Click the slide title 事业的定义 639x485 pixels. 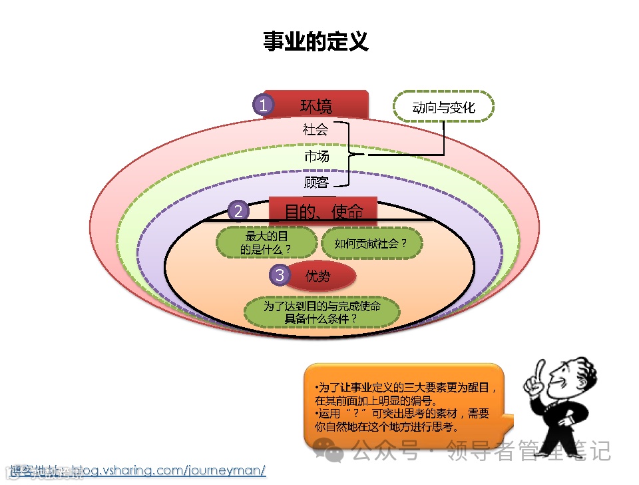(316, 41)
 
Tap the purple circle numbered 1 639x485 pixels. (264, 105)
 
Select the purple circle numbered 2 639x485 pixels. (238, 212)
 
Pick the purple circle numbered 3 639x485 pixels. (280, 275)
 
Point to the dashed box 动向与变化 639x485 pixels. (443, 107)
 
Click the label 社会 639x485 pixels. (316, 130)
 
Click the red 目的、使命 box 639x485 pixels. (324, 212)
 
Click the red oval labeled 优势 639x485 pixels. (321, 276)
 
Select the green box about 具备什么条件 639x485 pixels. (322, 312)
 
